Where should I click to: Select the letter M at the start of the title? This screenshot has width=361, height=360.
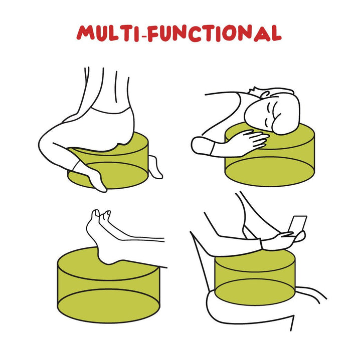click(x=85, y=33)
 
